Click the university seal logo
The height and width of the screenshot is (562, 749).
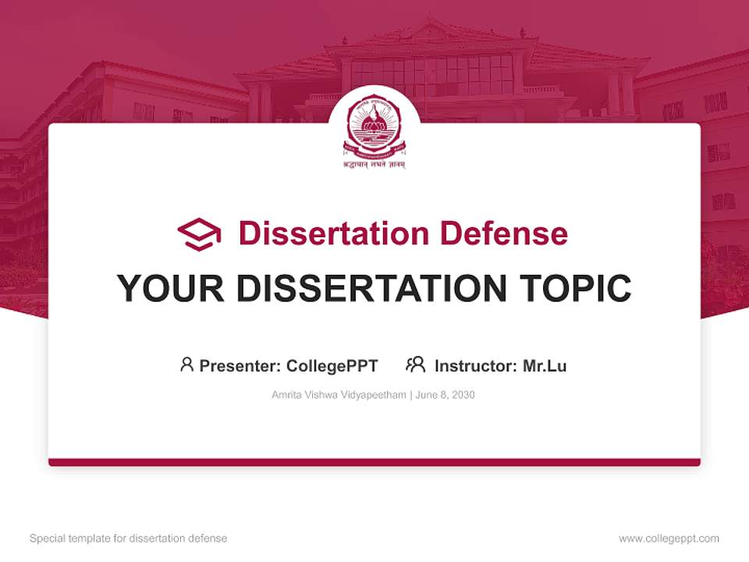374,125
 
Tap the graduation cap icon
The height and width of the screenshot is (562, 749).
199,234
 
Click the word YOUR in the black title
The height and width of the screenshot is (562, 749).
171,289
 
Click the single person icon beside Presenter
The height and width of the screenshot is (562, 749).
186,365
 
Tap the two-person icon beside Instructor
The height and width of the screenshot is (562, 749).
415,365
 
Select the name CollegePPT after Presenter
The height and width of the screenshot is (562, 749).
332,366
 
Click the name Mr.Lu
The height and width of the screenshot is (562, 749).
545,366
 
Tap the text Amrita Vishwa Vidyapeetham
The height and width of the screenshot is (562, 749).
339,395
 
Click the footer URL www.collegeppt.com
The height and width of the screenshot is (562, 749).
669,539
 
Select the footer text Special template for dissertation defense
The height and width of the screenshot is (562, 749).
129,539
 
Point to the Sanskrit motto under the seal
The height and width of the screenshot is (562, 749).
374,165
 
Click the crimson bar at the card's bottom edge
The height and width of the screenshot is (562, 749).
374,462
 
